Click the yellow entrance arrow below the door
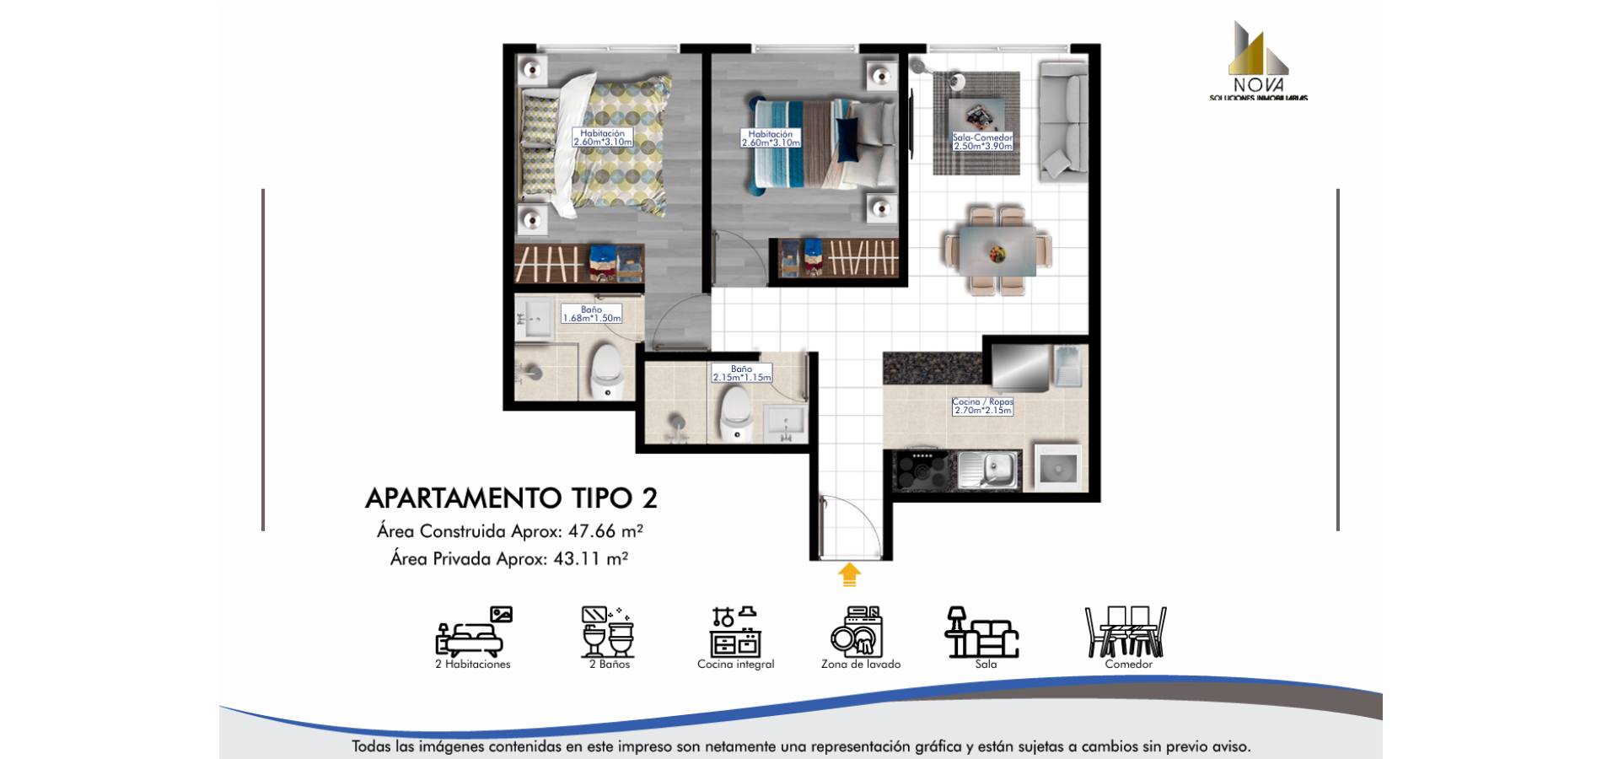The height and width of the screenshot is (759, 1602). [849, 575]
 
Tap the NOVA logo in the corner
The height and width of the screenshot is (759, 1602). [1258, 62]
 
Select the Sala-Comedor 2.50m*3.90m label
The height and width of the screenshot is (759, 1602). [982, 141]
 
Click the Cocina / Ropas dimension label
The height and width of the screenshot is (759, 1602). [982, 406]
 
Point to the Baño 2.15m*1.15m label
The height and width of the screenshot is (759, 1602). [741, 373]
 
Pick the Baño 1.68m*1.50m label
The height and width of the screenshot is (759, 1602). [591, 314]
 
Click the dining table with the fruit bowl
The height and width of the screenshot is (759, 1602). [997, 250]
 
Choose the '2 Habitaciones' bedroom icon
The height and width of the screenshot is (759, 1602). [473, 632]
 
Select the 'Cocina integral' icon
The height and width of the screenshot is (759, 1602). [734, 632]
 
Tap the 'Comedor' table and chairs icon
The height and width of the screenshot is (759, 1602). [1126, 632]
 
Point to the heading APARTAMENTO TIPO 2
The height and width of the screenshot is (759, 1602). [511, 498]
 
